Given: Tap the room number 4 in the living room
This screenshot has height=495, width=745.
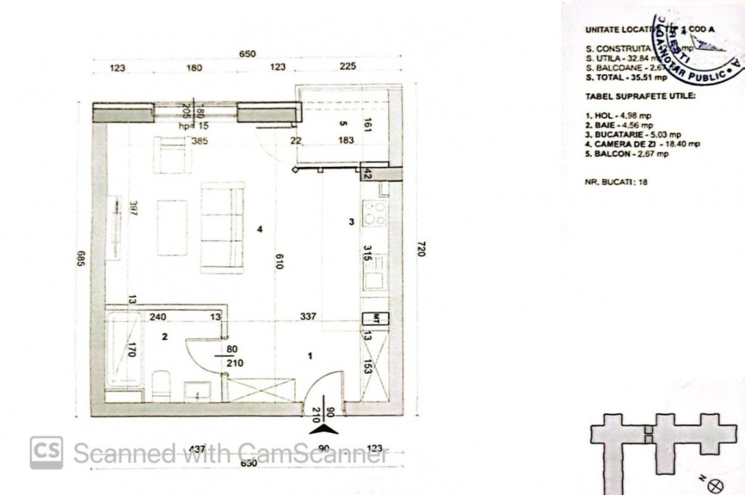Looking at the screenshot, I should (260, 230).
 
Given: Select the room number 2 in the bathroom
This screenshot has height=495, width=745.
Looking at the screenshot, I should (164, 337).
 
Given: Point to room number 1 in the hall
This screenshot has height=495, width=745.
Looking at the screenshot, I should (310, 355).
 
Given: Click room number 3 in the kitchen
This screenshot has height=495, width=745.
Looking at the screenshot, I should (351, 221).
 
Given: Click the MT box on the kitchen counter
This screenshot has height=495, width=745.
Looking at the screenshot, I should (376, 318).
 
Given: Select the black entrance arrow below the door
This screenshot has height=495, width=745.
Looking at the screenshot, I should (323, 429).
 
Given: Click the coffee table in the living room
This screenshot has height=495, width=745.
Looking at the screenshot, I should (172, 227).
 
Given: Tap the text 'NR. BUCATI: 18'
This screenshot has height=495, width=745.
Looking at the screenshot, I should (617, 182).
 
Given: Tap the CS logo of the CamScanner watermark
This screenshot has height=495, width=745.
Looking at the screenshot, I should (46, 452).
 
